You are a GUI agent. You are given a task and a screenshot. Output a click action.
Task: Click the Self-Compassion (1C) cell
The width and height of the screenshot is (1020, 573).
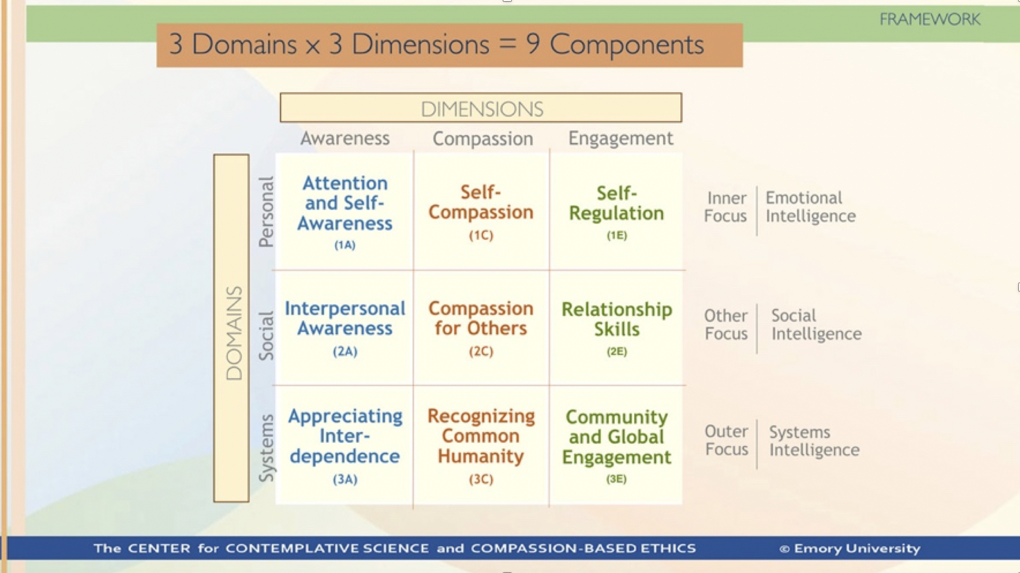coord(481,212)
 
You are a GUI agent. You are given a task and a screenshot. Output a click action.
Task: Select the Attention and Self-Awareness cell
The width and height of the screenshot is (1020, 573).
coord(345,212)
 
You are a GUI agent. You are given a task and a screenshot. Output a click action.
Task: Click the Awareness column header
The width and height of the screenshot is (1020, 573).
coord(345,138)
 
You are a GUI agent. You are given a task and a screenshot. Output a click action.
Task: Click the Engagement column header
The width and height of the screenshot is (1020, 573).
coord(620,138)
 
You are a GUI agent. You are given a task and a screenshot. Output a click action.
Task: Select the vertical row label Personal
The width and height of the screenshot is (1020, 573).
coord(266,212)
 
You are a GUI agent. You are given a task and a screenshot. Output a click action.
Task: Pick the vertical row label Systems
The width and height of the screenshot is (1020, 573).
coord(266,448)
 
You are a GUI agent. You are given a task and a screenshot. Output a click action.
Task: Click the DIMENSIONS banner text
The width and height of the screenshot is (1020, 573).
coord(481,109)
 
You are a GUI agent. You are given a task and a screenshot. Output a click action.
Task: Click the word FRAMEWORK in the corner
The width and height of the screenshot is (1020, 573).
coord(929,20)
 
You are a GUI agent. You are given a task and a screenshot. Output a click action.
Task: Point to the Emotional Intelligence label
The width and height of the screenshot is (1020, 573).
coord(810,207)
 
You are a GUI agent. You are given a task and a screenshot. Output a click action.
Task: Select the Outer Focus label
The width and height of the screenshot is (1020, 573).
coord(726,440)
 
